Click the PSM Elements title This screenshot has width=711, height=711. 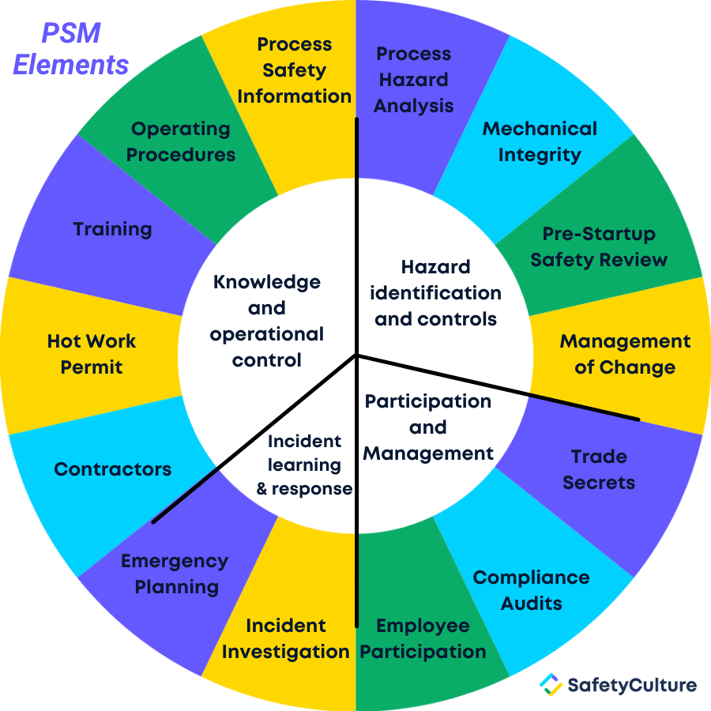point(71,49)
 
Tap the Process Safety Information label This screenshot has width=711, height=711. point(295,70)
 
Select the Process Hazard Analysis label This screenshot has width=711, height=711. point(413,80)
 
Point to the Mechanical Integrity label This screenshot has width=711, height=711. point(540,142)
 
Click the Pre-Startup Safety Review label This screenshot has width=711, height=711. point(599,246)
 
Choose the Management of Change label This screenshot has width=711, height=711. point(626,354)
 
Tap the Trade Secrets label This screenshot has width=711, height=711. point(599,469)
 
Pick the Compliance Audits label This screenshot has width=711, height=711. point(532,590)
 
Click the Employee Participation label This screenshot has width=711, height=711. point(423,639)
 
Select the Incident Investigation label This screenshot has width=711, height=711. point(286,639)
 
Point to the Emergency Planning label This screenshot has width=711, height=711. point(175,574)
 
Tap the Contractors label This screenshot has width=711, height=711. point(113,469)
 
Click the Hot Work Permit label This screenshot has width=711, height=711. point(92,354)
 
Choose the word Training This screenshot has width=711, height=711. point(112,229)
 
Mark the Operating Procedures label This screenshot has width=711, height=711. point(181,142)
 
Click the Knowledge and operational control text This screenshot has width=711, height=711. point(267,321)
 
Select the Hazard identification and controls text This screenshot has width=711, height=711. point(436,293)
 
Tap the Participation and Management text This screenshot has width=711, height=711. point(428,427)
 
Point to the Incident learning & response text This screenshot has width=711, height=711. point(304,465)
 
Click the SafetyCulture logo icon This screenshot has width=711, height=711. point(551,684)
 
